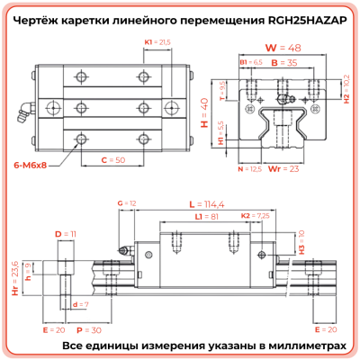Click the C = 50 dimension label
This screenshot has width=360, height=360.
coord(111,160)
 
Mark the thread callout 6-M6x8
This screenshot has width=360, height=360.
coord(31,166)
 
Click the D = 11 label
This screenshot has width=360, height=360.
coord(66,234)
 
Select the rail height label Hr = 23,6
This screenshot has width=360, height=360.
coord(13,276)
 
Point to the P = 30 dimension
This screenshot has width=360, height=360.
coord(93,330)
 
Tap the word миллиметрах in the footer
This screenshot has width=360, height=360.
coord(305,346)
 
